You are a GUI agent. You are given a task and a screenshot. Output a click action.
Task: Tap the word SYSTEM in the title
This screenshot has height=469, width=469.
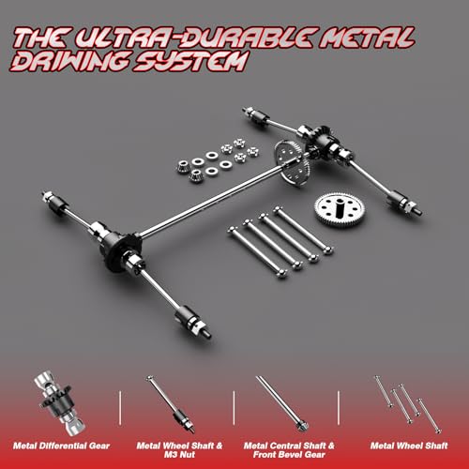point(190,61)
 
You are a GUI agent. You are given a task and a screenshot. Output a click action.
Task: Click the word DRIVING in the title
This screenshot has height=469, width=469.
point(70,61)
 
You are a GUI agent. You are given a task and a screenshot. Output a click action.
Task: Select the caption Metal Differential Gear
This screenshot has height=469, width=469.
point(61,446)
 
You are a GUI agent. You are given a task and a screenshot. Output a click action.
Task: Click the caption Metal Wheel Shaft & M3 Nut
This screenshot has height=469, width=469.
point(179,450)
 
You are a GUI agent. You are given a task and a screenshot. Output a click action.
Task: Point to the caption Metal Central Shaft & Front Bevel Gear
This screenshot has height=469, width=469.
point(289,450)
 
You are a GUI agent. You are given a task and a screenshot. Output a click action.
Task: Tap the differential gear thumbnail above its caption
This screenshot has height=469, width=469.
point(59,402)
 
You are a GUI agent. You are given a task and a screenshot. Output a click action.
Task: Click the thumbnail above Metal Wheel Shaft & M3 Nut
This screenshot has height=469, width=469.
point(171,404)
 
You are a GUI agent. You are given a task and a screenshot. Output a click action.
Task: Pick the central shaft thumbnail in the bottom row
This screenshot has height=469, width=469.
point(282,403)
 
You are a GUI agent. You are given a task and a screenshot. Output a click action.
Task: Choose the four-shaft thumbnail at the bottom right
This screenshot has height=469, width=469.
point(408,404)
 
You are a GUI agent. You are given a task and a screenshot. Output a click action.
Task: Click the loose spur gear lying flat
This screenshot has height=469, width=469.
point(340,209)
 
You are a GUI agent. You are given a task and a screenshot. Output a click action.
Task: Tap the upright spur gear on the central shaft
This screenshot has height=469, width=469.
point(292,163)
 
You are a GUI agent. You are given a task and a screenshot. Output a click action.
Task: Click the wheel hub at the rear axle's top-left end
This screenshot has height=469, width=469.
point(255,116)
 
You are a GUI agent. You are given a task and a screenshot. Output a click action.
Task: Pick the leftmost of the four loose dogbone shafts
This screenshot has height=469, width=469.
point(258,252)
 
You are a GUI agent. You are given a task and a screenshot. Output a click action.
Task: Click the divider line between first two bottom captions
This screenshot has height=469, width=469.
point(120,407)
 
